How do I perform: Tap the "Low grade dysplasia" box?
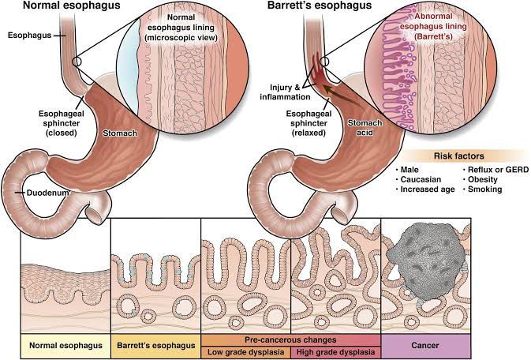click(247, 352)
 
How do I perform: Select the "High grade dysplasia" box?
click(336, 352)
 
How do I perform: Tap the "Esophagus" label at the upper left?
click(24, 36)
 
